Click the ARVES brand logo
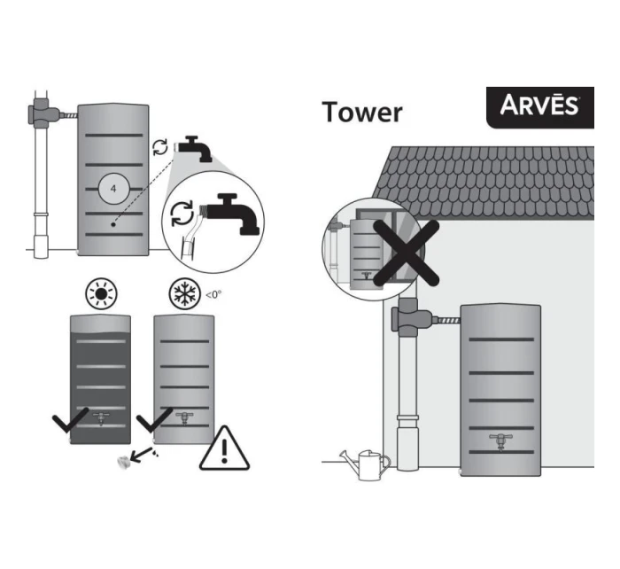click(539, 107)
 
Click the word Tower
click(362, 112)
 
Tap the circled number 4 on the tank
click(113, 189)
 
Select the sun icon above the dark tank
click(101, 293)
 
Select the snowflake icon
click(184, 294)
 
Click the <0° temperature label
click(213, 294)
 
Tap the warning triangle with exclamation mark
click(224, 448)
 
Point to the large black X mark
click(407, 253)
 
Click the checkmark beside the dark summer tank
click(70, 420)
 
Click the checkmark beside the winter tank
click(153, 419)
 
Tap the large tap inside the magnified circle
click(232, 213)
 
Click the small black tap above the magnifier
click(194, 148)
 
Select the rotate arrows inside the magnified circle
click(182, 214)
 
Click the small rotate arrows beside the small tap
click(160, 147)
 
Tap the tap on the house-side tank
click(500, 441)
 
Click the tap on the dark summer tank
click(100, 418)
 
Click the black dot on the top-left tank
click(113, 224)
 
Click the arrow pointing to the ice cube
click(141, 455)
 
